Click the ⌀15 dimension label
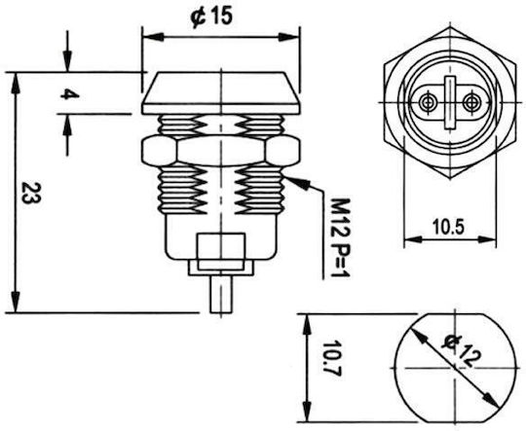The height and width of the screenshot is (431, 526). click(211, 18)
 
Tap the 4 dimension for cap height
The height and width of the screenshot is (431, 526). click(70, 94)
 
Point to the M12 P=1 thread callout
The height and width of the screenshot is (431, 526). click(341, 237)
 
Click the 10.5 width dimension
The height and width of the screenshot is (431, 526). click(448, 227)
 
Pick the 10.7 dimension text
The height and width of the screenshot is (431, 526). click(331, 359)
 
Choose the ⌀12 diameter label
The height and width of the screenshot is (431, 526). click(462, 351)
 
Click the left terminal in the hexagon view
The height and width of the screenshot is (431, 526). click(428, 102)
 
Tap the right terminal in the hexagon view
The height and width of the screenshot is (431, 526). click(471, 102)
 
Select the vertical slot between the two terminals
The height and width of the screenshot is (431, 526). click(449, 102)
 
